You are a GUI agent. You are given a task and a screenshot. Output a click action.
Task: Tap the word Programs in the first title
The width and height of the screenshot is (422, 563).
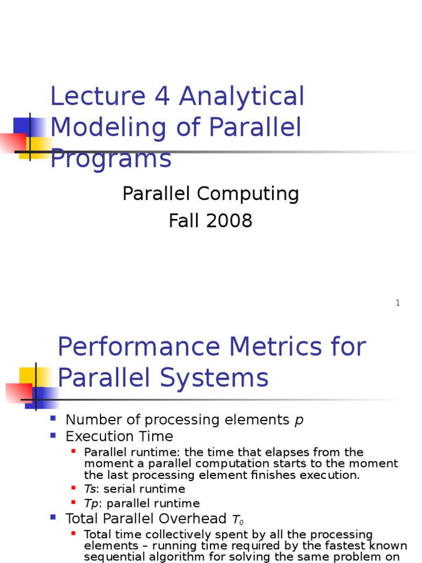(110, 159)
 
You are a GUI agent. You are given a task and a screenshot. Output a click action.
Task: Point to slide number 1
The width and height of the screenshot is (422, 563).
(397, 303)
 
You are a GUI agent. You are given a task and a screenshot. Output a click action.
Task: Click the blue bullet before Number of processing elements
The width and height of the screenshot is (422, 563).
(53, 419)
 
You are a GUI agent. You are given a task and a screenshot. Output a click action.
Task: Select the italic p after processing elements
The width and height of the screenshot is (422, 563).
(299, 421)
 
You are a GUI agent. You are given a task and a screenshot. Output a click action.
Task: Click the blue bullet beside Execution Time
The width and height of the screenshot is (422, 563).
(53, 435)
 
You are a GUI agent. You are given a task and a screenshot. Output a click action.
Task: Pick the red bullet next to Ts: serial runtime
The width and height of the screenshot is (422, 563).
(74, 488)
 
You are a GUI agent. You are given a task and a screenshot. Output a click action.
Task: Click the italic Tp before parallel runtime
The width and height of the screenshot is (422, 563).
(90, 503)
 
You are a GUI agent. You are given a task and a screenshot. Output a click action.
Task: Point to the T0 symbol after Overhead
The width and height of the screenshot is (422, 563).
(237, 520)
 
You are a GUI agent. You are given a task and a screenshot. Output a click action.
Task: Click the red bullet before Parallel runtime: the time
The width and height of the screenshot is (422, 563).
(74, 451)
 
